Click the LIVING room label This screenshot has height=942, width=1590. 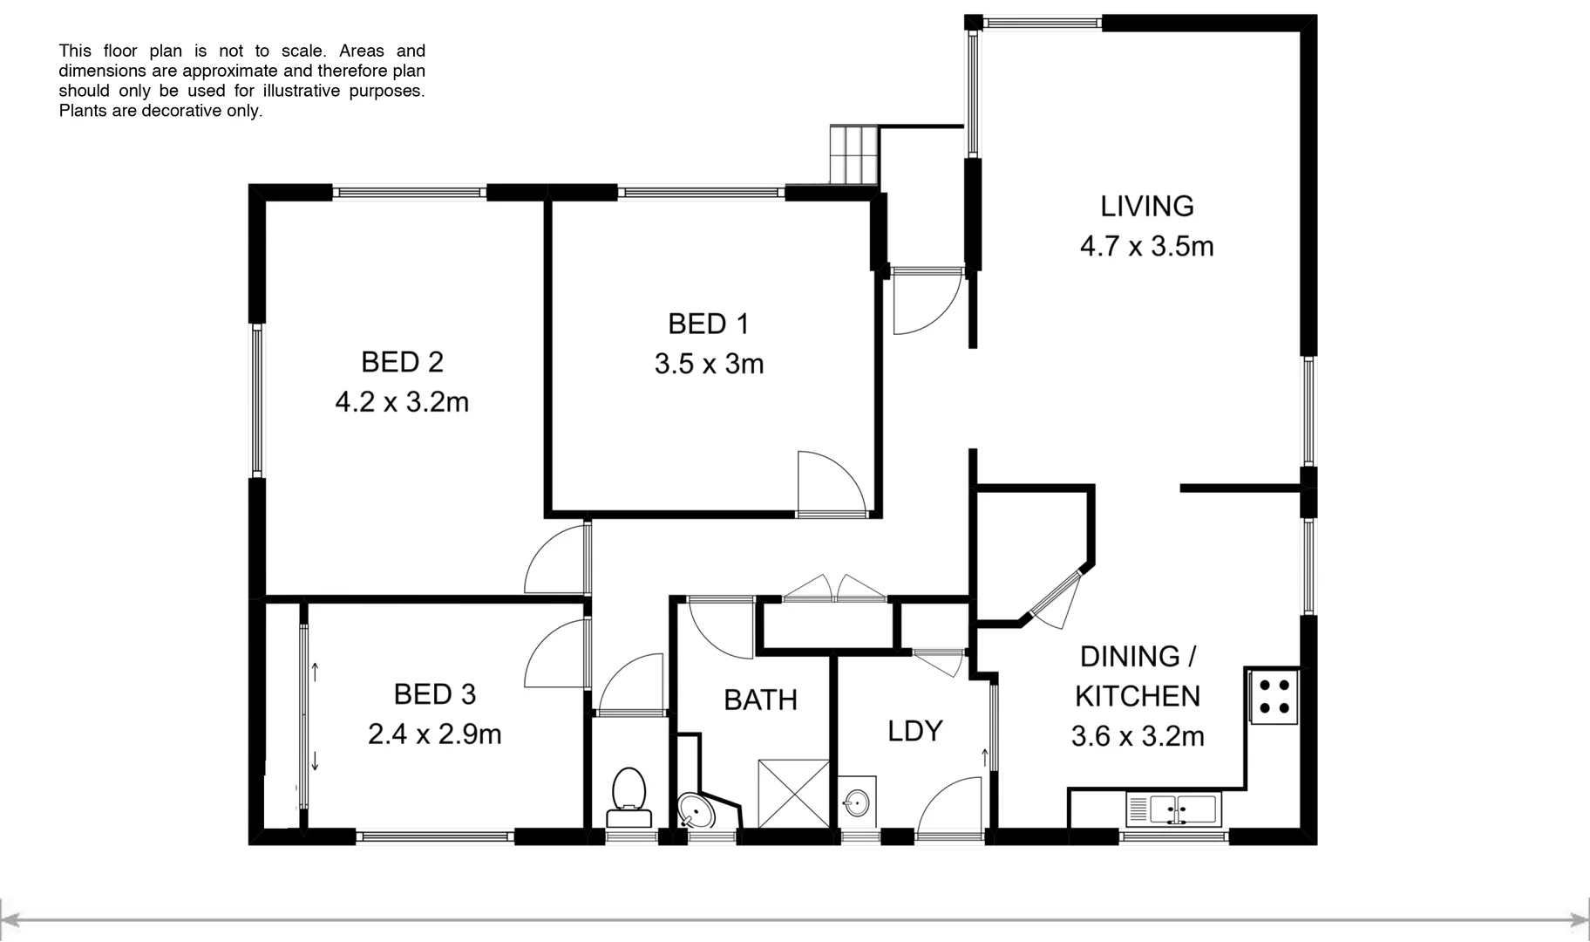tap(1146, 207)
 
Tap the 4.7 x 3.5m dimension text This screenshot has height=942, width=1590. tap(1146, 247)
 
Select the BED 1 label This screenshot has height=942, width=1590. tap(708, 324)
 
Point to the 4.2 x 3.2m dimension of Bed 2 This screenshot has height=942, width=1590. tap(402, 402)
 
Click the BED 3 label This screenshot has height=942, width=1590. tap(434, 694)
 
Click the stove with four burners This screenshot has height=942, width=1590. tap(1274, 696)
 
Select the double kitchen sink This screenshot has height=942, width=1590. tap(1173, 809)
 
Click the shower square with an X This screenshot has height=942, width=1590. tap(793, 793)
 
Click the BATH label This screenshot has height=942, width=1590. tap(760, 700)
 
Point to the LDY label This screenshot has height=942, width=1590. tap(914, 731)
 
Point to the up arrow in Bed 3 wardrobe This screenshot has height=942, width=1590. tap(315, 672)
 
